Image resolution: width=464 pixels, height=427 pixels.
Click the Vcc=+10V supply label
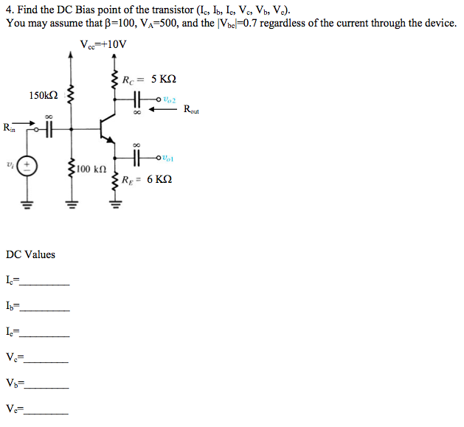(103, 45)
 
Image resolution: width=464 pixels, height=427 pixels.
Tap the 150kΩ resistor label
(44, 95)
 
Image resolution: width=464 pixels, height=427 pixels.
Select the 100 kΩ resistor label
(94, 170)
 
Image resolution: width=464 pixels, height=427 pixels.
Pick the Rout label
(192, 110)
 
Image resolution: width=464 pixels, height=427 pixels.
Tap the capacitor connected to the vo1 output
(136, 157)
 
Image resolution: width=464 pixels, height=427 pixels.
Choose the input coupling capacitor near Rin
(49, 128)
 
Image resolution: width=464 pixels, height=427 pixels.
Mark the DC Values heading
(30, 254)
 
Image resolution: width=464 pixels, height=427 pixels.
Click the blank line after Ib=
(46, 309)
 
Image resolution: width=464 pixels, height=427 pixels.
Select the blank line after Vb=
(46, 386)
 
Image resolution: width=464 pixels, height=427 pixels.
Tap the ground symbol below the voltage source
(28, 204)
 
